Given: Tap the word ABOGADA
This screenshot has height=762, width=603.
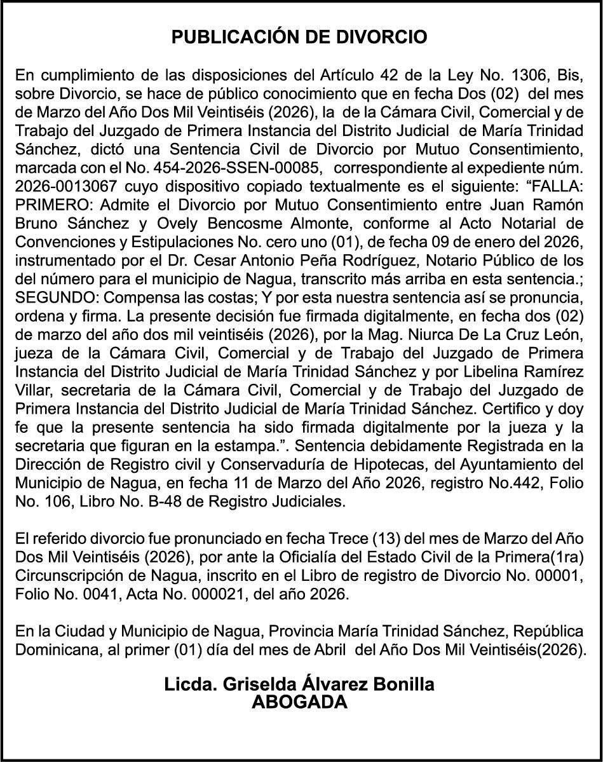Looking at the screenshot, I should tap(299, 702).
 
